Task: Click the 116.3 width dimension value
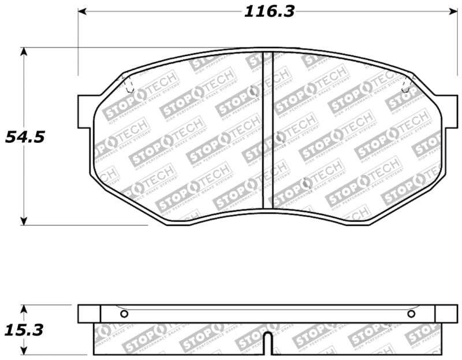(x=269, y=11)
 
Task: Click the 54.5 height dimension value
(x=24, y=138)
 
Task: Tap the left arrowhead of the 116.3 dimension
(x=82, y=11)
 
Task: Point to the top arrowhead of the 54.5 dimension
(x=24, y=51)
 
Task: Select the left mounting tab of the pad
(x=84, y=112)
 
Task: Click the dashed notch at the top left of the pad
(x=129, y=85)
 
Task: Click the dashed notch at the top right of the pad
(x=407, y=84)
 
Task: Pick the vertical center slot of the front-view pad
(x=267, y=130)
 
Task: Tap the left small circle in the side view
(x=124, y=314)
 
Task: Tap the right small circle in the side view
(x=411, y=314)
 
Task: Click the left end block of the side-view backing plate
(x=89, y=314)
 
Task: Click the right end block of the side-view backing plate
(x=445, y=314)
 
